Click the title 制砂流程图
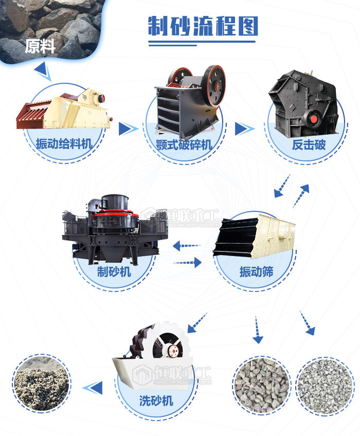point(203,26)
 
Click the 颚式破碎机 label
point(184,144)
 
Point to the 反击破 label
point(309,144)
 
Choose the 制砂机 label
point(114,271)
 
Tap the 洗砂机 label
point(156,401)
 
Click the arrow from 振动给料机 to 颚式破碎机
point(127,129)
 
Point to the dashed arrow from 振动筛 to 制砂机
point(187,246)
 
